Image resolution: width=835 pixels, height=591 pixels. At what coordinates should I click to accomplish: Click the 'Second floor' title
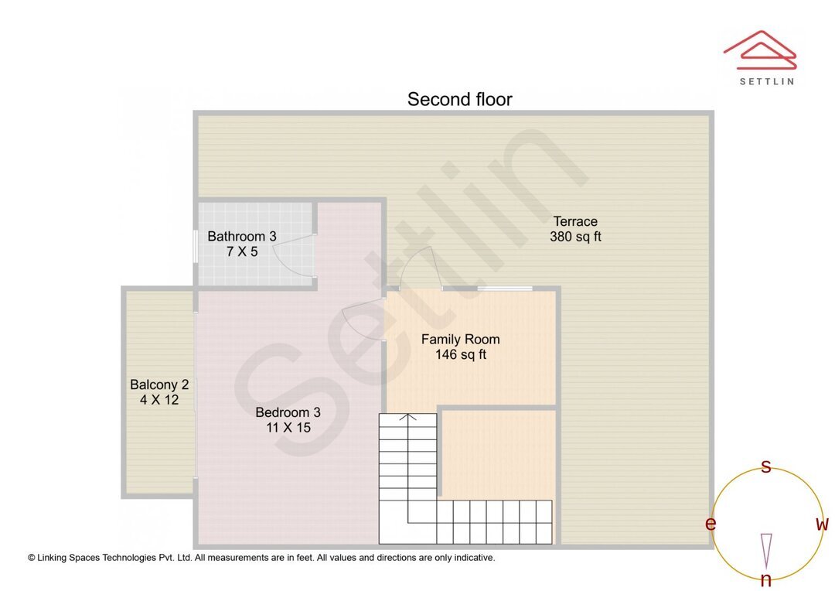459,99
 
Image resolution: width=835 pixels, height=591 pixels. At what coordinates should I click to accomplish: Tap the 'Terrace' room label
575,221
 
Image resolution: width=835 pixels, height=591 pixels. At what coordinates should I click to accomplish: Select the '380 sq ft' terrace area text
575,237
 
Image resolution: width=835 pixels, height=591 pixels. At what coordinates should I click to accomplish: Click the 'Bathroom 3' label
242,236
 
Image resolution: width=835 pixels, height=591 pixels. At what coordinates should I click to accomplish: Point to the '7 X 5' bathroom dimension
242,251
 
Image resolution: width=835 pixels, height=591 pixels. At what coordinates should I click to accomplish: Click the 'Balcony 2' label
159,384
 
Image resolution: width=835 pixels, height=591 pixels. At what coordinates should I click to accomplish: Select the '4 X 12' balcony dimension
159,400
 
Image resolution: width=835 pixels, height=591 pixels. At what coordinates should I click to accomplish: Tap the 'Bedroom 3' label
288,412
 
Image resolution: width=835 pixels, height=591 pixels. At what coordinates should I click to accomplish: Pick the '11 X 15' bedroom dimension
288,427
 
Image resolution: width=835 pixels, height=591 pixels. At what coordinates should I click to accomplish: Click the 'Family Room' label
460,339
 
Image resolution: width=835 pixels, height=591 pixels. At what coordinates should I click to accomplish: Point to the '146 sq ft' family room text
460,355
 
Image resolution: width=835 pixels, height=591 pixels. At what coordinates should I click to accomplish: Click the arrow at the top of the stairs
407,418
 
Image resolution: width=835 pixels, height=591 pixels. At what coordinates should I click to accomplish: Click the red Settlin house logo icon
759,50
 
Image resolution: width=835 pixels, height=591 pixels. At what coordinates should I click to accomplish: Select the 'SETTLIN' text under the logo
766,80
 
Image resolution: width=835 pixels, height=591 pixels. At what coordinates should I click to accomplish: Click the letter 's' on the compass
766,466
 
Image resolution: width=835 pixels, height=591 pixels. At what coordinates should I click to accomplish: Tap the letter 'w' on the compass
822,524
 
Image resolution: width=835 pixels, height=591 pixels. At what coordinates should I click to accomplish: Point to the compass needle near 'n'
766,550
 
